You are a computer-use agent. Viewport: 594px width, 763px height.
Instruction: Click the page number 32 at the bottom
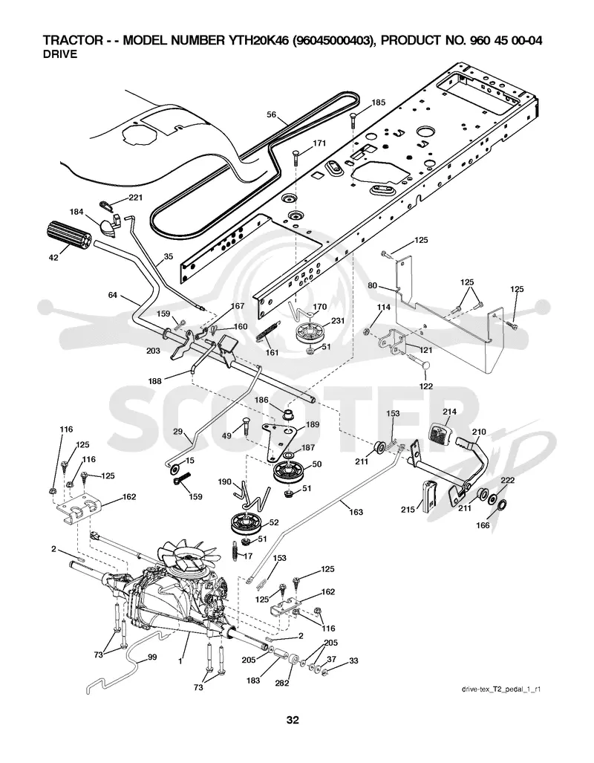293,720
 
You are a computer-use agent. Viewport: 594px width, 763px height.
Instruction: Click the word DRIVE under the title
60,54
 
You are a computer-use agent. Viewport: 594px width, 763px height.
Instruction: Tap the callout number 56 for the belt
272,115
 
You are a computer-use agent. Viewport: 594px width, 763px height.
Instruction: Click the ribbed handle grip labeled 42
68,236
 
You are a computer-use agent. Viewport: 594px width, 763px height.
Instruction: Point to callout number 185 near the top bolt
379,103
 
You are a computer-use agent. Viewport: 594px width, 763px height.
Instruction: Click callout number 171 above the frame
319,143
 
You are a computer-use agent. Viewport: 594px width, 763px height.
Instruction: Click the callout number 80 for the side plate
372,285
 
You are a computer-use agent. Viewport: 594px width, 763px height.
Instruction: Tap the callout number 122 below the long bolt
425,386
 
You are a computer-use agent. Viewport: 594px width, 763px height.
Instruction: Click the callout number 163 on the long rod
356,512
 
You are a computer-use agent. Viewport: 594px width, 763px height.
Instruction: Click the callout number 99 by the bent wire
152,658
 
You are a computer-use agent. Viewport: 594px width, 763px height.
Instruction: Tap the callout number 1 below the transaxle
180,661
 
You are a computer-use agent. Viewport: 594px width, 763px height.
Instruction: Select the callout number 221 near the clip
135,198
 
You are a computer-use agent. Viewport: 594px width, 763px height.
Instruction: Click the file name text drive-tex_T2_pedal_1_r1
502,689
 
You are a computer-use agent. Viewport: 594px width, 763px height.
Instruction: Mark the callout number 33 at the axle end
353,660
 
